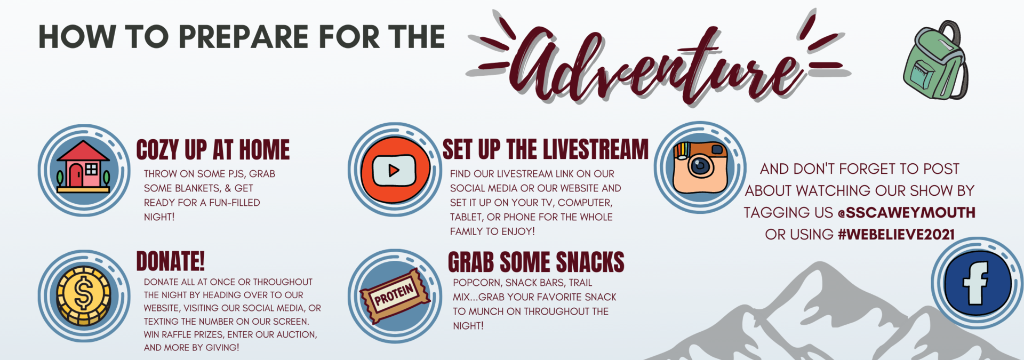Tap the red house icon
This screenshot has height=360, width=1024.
(x=83, y=166)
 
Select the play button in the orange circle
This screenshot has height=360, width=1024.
(x=394, y=170)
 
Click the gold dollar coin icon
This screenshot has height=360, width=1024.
(x=84, y=295)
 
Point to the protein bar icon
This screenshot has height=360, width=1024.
(x=395, y=296)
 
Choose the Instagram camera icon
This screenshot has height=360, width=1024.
(x=700, y=167)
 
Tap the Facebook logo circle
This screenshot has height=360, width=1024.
(x=977, y=283)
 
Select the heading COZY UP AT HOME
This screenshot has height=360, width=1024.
(x=213, y=150)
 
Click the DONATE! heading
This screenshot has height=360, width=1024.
(x=170, y=261)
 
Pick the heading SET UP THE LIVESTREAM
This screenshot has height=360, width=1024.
(x=545, y=149)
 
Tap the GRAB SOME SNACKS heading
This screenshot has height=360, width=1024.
(x=536, y=262)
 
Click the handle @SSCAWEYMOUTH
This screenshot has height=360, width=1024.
(x=907, y=213)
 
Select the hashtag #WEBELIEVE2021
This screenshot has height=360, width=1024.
(x=897, y=235)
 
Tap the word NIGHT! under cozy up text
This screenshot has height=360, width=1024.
(x=159, y=217)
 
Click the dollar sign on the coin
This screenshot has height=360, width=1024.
(x=83, y=295)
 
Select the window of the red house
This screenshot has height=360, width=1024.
(x=92, y=170)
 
